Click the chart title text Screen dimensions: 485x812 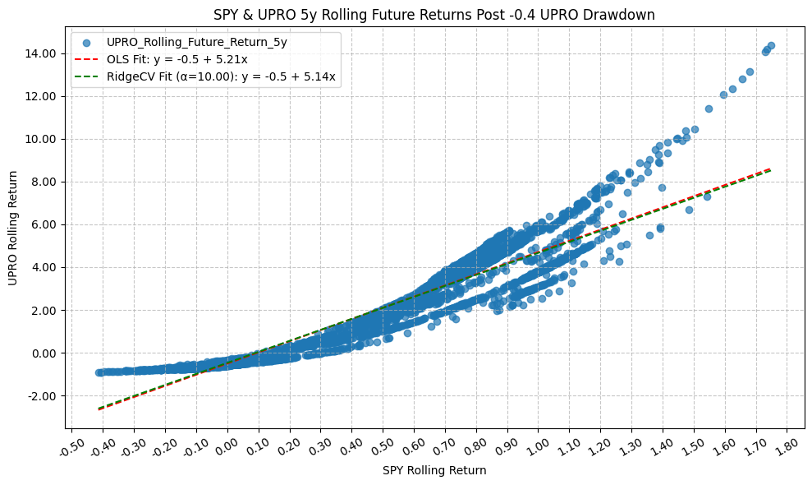click(434, 15)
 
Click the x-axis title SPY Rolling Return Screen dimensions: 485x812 click(434, 471)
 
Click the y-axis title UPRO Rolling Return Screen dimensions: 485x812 click(14, 229)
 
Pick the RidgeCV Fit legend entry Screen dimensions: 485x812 click(222, 77)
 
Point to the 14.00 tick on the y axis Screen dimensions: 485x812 click(41, 53)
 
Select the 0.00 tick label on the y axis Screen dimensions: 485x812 click(43, 353)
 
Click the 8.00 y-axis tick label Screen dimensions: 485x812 click(43, 182)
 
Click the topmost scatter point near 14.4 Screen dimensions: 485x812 click(771, 46)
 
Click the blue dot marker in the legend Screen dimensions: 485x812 click(86, 42)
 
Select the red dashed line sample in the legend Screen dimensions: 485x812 click(86, 59)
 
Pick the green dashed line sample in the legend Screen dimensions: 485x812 click(86, 77)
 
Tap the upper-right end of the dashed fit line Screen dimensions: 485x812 click(769, 169)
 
